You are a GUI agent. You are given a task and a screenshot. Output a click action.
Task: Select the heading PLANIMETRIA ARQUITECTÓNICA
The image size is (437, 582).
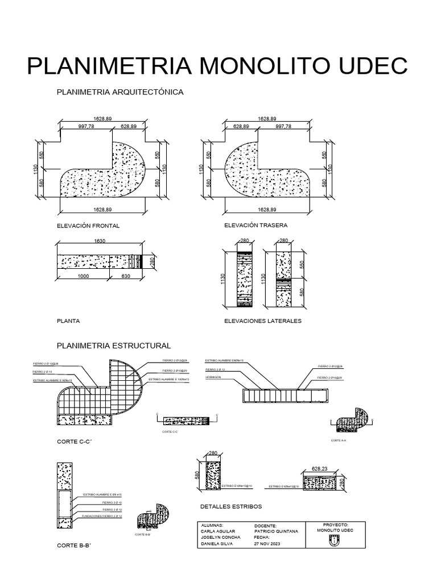119,92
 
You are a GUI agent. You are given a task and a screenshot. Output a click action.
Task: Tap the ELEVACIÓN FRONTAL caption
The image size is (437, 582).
88,226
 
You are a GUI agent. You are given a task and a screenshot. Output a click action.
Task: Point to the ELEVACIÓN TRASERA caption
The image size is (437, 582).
257,225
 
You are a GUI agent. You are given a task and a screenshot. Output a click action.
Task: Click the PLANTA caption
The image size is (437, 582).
68,321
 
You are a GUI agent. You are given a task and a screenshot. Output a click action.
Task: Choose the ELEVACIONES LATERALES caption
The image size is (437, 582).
263,321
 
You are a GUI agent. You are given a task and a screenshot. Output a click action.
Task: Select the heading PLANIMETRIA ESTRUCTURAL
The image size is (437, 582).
114,345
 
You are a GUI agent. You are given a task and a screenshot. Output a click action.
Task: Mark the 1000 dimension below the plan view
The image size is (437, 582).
83,276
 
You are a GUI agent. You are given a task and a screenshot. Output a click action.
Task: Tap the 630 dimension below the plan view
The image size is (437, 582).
126,276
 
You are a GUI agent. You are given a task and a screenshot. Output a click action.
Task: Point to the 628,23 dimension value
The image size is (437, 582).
320,469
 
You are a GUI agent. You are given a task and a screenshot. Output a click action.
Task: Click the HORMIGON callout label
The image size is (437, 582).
213,376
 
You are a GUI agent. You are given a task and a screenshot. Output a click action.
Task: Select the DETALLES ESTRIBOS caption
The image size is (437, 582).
231,506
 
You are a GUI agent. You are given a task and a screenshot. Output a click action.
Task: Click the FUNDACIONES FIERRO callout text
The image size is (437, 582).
102,516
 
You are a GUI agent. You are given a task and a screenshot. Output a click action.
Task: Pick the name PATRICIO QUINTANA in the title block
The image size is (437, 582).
277,531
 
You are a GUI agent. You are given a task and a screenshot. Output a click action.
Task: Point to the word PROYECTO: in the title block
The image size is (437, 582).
335,525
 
